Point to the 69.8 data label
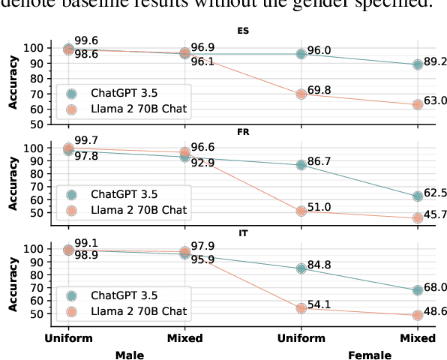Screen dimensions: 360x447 (x=319, y=91)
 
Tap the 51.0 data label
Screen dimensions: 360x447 (x=319, y=207)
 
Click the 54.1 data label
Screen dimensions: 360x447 (x=319, y=304)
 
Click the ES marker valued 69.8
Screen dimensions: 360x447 (x=301, y=94)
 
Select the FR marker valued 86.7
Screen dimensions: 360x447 (x=301, y=164)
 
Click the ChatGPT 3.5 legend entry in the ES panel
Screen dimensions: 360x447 (x=117, y=93)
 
